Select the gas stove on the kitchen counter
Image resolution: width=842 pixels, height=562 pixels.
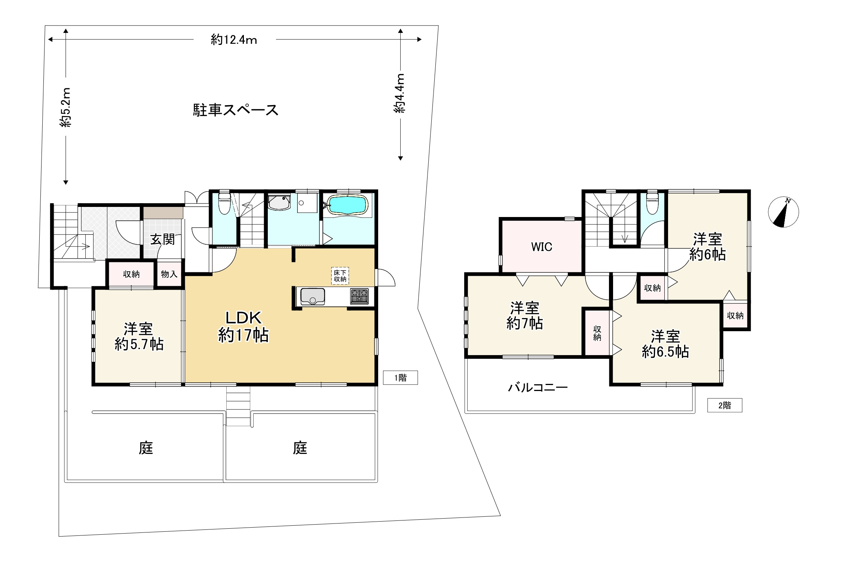point(359,296)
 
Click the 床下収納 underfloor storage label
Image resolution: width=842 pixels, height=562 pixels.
point(340,276)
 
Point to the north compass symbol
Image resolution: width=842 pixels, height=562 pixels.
point(783,212)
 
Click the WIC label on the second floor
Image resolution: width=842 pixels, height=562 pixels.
point(541,247)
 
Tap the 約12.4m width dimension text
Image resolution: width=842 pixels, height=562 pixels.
point(234,40)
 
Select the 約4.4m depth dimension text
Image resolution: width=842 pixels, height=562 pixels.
point(399,93)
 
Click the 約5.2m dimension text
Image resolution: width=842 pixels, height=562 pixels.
point(65,107)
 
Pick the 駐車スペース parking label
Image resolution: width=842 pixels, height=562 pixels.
point(236,110)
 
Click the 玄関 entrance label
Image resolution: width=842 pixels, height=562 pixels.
point(163,239)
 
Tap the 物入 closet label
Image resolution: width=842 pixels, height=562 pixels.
point(169,274)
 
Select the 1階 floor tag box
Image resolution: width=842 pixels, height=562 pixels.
point(400,378)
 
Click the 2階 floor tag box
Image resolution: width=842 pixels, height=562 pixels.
point(725,405)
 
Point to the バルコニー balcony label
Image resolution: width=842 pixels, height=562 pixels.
point(538,387)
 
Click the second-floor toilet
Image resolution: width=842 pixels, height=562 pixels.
point(652,203)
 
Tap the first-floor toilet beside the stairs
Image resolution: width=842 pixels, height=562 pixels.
point(224,203)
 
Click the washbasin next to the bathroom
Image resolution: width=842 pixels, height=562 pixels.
point(279,202)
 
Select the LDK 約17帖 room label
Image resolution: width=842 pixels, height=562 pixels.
point(244,327)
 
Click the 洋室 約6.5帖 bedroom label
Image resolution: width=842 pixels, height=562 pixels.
point(665,344)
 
